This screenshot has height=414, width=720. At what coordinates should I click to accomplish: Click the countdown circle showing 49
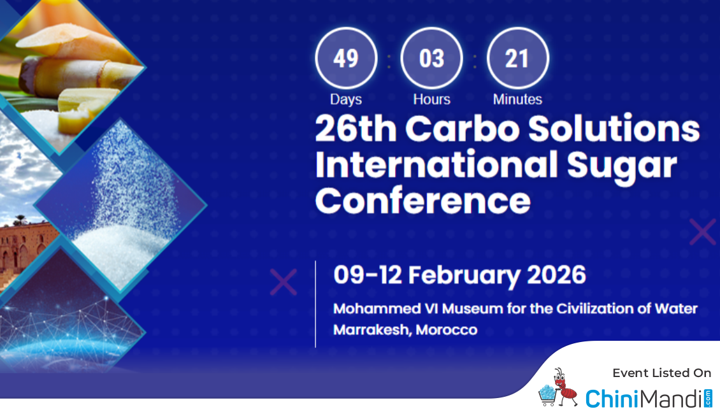(346, 59)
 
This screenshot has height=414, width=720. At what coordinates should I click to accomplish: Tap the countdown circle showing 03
(431, 59)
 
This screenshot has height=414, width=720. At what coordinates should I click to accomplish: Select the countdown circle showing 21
(517, 59)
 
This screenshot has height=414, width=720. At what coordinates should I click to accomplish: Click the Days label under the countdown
(346, 99)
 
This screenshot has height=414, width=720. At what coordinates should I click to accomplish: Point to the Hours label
(431, 99)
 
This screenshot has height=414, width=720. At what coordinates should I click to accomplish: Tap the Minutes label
(517, 99)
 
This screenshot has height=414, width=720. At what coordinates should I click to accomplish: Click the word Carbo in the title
(463, 128)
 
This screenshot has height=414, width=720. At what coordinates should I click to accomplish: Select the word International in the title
(436, 164)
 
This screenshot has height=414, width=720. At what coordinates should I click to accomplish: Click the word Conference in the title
(423, 201)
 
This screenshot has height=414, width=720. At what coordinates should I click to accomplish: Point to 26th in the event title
(356, 128)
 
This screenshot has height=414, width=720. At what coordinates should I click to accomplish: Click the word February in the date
(464, 275)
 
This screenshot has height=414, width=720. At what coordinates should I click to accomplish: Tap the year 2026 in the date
(556, 275)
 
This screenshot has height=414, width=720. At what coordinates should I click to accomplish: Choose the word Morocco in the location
(447, 330)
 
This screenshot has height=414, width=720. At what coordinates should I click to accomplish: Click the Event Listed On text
(661, 373)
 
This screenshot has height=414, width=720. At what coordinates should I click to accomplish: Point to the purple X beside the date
(284, 282)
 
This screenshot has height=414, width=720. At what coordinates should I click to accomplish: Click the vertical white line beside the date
(315, 304)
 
